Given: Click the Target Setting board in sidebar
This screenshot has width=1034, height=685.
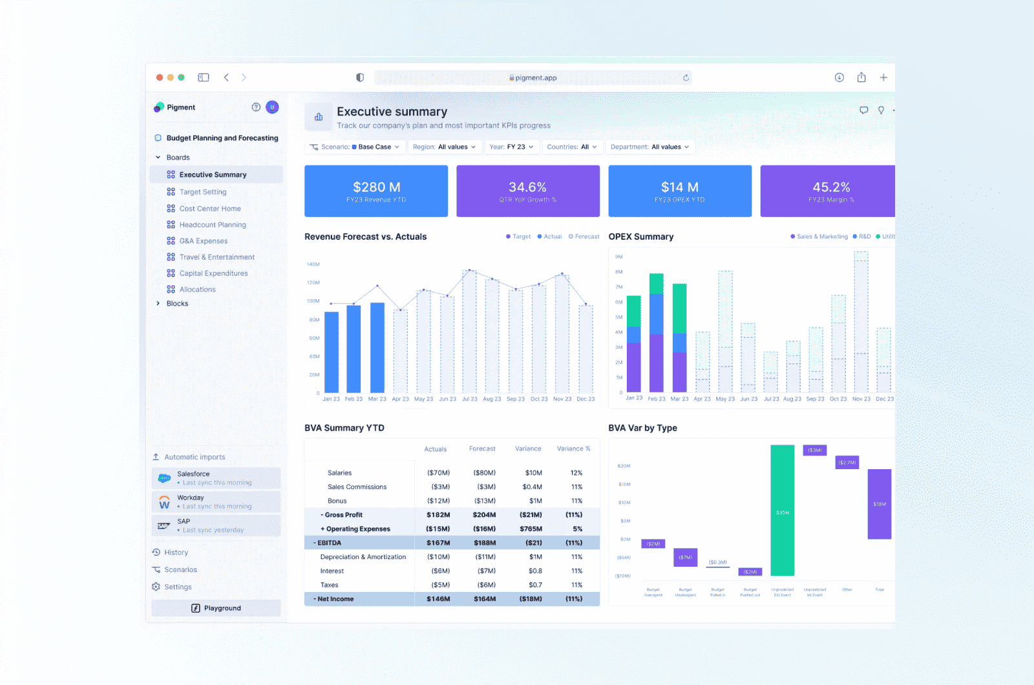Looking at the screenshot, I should pos(202,192).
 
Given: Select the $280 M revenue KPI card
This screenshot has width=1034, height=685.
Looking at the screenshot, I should pos(376,191).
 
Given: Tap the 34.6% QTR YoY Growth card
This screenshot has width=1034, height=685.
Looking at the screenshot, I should pos(528,191).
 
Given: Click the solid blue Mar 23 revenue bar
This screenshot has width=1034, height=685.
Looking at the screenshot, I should pos(377,348).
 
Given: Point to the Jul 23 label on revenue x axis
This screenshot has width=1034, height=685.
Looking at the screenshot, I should pos(470,399).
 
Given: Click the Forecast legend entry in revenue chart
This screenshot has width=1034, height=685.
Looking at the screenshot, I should pos(584,237).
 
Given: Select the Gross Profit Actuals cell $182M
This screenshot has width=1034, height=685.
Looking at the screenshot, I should pos(438,515).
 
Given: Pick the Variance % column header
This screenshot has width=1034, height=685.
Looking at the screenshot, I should pos(573,448).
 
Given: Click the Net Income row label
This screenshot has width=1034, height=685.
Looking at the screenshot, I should pos(335,599).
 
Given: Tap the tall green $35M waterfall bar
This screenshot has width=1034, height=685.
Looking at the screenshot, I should pos(783,511).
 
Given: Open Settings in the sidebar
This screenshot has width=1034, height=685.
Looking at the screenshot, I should pos(178,587).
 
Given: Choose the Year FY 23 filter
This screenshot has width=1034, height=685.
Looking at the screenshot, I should pos(511,147).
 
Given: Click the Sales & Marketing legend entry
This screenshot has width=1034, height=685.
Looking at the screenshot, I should pos(819,237).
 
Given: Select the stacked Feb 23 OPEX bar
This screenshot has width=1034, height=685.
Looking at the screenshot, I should pos(657,333).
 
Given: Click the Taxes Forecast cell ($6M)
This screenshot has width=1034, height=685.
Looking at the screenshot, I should pos(486,585).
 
